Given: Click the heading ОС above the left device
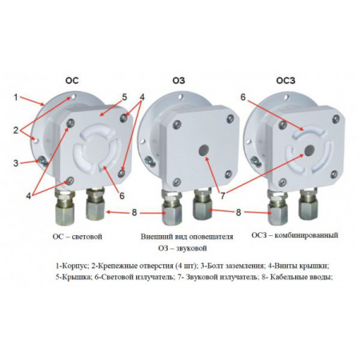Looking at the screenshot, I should click(71, 79).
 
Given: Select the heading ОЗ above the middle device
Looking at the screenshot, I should click(178, 79).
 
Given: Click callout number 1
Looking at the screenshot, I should click(15, 98).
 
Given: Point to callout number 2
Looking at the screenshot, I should click(15, 129).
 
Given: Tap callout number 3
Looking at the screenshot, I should click(15, 163).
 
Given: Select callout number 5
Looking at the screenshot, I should click(124, 98).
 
